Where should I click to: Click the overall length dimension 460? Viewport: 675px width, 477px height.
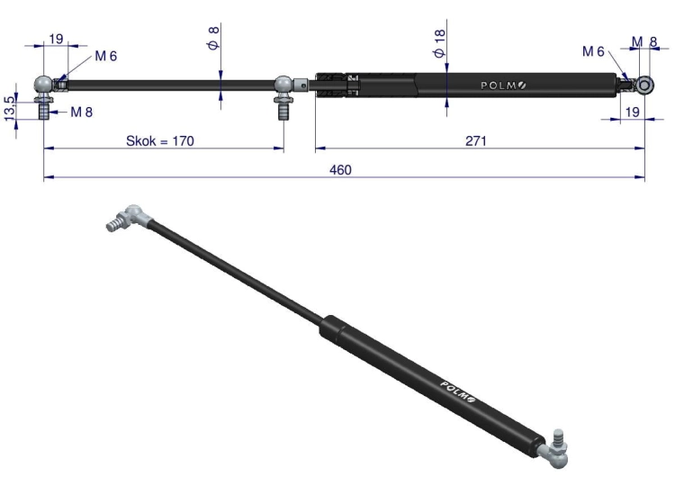[x=340, y=169]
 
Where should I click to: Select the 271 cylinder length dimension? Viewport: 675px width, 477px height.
[x=476, y=140]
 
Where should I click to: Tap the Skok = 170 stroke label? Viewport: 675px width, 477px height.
[x=160, y=140]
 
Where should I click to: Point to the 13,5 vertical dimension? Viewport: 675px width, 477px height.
[x=10, y=109]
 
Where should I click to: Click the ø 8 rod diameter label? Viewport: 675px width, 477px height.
[x=214, y=38]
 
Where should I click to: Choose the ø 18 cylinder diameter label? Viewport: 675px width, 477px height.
[x=440, y=43]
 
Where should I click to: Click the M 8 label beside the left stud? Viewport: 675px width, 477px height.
[x=81, y=112]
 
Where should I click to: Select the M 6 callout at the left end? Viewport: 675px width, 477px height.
[x=106, y=56]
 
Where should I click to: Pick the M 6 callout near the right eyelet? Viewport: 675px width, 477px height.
[x=593, y=51]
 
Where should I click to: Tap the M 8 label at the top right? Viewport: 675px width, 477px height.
[x=644, y=41]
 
